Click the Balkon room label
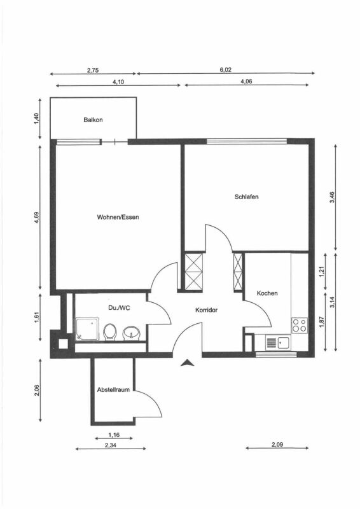pyautogui.click(x=93, y=120)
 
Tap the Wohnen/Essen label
pyautogui.click(x=118, y=217)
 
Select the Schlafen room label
pyautogui.click(x=247, y=197)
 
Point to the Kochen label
pyautogui.click(x=267, y=293)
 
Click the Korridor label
pyautogui.click(x=207, y=310)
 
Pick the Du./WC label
pyautogui.click(x=119, y=307)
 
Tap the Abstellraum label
pyautogui.click(x=113, y=389)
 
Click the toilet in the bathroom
pyautogui.click(x=110, y=332)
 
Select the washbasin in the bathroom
pyautogui.click(x=132, y=333)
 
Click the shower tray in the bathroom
pyautogui.click(x=87, y=329)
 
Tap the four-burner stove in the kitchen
pyautogui.click(x=300, y=325)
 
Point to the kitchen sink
pyautogui.click(x=278, y=343)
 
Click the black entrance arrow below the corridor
pyautogui.click(x=187, y=363)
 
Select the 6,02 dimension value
pyautogui.click(x=226, y=69)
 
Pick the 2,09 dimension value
pyautogui.click(x=277, y=444)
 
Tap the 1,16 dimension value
pyautogui.click(x=114, y=435)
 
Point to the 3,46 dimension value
pyautogui.click(x=332, y=197)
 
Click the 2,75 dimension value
pyautogui.click(x=93, y=70)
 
